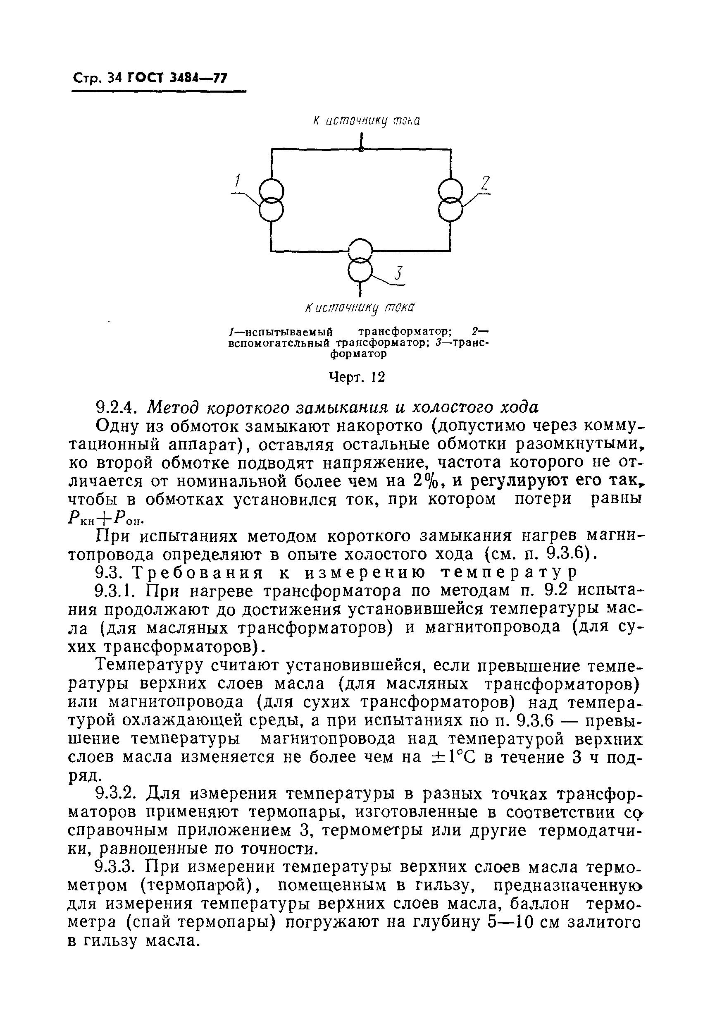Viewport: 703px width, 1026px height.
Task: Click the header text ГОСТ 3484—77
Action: pyautogui.click(x=177, y=78)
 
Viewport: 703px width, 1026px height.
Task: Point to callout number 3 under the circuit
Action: pyautogui.click(x=398, y=274)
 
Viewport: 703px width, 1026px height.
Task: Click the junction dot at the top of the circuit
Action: pyautogui.click(x=361, y=150)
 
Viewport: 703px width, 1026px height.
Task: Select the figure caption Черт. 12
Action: pyautogui.click(x=357, y=377)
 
